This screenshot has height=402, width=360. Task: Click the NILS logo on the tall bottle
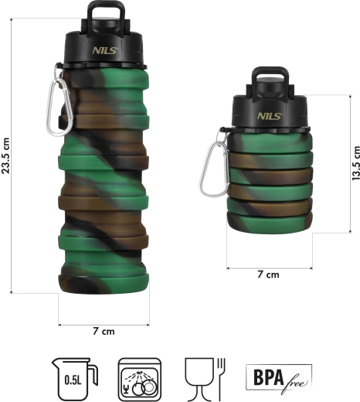[105, 50]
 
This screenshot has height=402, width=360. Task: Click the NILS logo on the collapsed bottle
[270, 116]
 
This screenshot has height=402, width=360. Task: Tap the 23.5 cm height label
[5, 155]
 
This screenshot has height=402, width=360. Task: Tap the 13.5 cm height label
[356, 163]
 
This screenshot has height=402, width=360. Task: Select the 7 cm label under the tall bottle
[104, 331]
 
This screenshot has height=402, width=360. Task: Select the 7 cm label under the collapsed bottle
[268, 274]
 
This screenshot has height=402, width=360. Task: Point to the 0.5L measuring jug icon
[74, 379]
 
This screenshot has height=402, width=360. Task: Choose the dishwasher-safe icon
[140, 379]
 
